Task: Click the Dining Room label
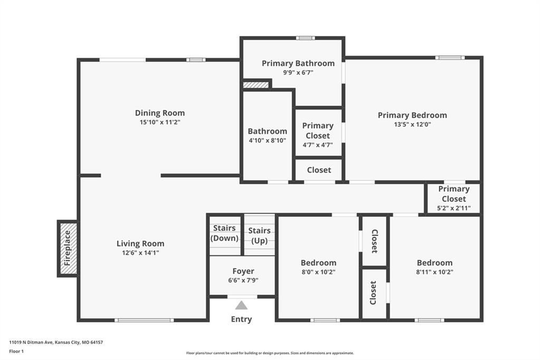160,113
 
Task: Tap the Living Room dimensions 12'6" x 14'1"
140,253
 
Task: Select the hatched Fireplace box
67,248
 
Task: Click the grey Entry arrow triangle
242,305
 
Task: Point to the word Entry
242,319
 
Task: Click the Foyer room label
243,271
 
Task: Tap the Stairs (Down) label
225,233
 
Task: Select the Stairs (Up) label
259,235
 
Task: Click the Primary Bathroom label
298,63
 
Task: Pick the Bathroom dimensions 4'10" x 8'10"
267,140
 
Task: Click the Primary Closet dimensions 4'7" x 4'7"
318,145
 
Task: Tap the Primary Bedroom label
412,115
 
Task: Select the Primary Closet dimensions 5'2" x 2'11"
454,209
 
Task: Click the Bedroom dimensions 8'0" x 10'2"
319,272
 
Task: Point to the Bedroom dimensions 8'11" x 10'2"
435,272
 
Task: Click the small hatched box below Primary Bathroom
256,85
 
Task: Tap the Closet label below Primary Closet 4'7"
319,170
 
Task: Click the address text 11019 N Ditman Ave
31,343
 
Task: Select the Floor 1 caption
16,352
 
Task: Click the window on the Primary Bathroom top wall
305,38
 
